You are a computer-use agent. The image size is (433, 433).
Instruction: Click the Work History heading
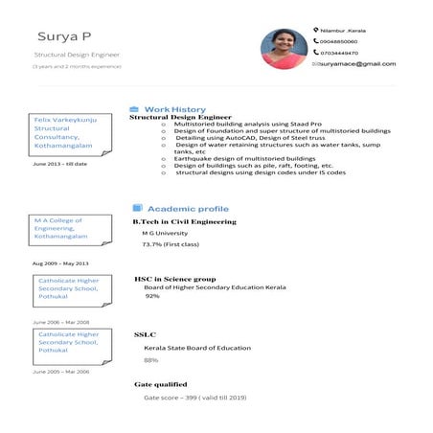point(173,109)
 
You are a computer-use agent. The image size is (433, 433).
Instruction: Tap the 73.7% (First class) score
point(166,244)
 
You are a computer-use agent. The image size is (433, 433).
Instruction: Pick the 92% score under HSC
point(151,296)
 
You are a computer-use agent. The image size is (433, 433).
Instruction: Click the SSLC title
point(145,334)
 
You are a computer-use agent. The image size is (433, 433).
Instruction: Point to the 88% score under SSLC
point(150,360)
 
